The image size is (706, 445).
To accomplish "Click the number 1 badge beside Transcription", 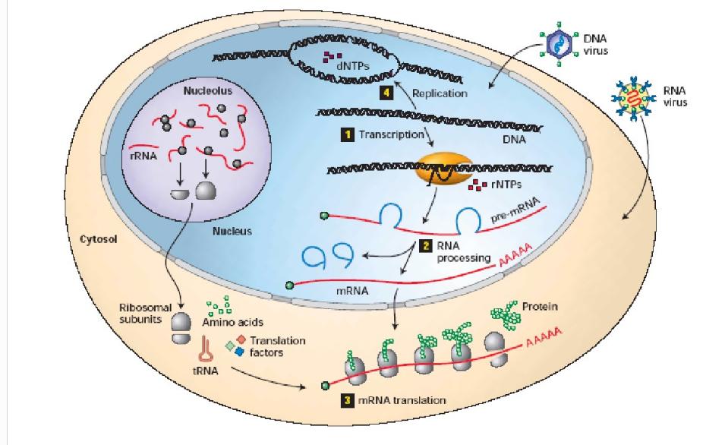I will pos(347,134).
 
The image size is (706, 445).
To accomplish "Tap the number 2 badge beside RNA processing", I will pos(426,245).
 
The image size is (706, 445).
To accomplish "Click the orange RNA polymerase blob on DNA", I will pos(437,172).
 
